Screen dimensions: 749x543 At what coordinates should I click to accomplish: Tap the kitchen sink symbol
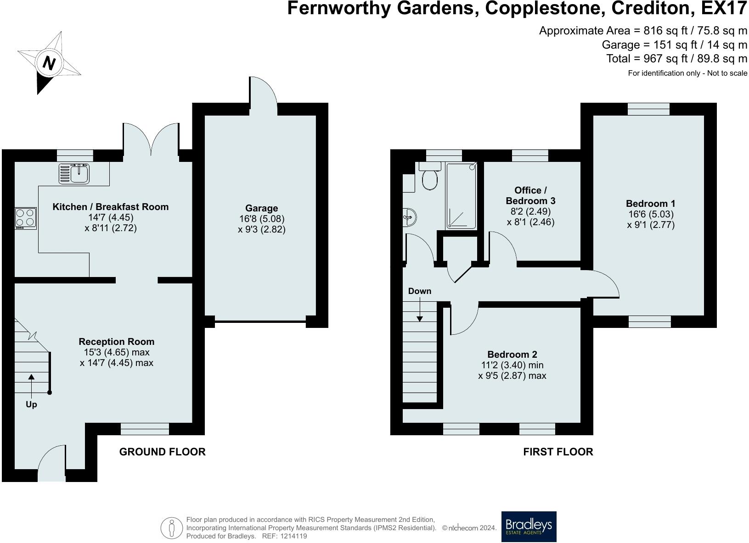click(x=74, y=174)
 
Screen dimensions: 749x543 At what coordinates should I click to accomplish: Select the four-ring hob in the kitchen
click(x=25, y=218)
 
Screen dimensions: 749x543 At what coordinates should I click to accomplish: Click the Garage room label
click(x=261, y=208)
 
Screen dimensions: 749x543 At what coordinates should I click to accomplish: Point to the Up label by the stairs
click(x=31, y=404)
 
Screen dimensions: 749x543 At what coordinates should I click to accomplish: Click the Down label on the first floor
click(x=420, y=291)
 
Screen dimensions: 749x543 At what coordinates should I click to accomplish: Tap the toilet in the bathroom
click(x=430, y=176)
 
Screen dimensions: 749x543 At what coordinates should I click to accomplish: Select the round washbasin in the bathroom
click(x=409, y=217)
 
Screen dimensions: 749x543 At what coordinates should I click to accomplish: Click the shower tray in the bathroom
click(x=461, y=196)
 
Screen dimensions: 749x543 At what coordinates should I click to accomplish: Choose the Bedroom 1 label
click(x=651, y=203)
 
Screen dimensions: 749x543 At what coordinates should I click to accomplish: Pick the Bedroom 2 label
click(x=512, y=355)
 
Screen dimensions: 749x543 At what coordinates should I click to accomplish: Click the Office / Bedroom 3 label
click(x=531, y=195)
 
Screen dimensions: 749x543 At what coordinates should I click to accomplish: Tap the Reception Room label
click(x=116, y=342)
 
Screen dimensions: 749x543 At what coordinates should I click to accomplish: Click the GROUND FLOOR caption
click(x=163, y=452)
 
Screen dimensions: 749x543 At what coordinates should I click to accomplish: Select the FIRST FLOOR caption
click(x=558, y=452)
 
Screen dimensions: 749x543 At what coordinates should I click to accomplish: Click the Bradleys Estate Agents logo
click(x=529, y=526)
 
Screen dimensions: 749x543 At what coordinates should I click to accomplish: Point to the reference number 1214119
click(x=293, y=536)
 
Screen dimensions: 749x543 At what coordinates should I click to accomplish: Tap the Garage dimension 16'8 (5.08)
click(x=262, y=219)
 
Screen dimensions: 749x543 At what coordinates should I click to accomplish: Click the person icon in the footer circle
click(x=172, y=528)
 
